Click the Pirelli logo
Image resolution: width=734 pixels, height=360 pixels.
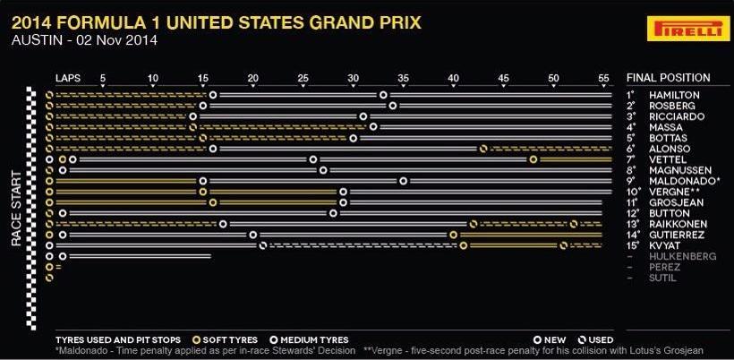point(688,28)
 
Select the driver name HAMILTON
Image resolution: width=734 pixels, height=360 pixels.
point(674,96)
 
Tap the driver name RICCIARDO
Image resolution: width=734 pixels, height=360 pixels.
point(677,116)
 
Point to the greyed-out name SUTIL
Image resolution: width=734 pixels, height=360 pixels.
point(662,279)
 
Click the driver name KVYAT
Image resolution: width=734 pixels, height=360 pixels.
point(665,245)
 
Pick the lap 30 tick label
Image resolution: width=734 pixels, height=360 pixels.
point(353,78)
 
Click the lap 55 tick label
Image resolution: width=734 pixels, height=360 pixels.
point(604,78)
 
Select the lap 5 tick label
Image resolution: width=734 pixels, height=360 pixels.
point(103,78)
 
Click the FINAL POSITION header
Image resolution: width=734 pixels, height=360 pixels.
point(668,78)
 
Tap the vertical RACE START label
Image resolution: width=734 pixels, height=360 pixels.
point(16,209)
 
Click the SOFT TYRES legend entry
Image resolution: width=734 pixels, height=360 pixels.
point(226,340)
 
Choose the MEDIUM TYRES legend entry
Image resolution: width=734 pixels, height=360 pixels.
point(309,340)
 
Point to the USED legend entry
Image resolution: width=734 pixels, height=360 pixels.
point(596,340)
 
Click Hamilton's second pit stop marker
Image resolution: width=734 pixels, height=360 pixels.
point(383,95)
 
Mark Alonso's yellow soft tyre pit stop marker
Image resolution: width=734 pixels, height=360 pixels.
point(483,149)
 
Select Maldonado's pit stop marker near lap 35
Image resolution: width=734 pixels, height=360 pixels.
point(404,181)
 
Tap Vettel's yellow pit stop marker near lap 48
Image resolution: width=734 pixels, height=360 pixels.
point(533,159)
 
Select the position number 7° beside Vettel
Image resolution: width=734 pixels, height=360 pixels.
point(630,159)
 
